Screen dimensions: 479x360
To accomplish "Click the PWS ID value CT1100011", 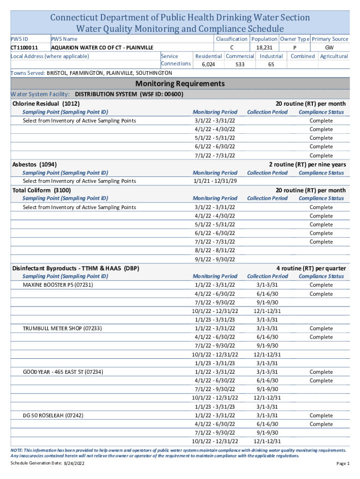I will click(24, 48).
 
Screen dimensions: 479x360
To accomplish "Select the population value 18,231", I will click(264, 48).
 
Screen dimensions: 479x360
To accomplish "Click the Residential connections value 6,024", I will click(208, 65).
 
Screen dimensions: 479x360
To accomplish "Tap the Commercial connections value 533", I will click(240, 65).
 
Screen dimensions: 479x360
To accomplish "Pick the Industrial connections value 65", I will click(271, 65).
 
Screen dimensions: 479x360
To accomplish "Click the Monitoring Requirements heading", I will click(180, 84).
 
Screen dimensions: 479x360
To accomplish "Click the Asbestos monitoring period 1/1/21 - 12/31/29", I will click(215, 181).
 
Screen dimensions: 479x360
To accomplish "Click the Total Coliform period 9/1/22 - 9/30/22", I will click(215, 259).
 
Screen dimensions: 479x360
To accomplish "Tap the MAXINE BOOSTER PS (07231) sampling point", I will click(58, 285).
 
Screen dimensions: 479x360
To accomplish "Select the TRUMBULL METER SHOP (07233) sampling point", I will click(62, 328).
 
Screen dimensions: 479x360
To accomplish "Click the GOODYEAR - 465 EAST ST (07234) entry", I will click(63, 372).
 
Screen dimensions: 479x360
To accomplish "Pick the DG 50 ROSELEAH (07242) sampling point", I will click(54, 415).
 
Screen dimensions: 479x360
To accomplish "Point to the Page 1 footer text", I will click(343, 464).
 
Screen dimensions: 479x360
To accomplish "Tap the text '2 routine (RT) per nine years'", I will click(307, 164).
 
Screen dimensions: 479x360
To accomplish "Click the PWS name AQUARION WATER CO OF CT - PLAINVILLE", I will click(102, 48).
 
